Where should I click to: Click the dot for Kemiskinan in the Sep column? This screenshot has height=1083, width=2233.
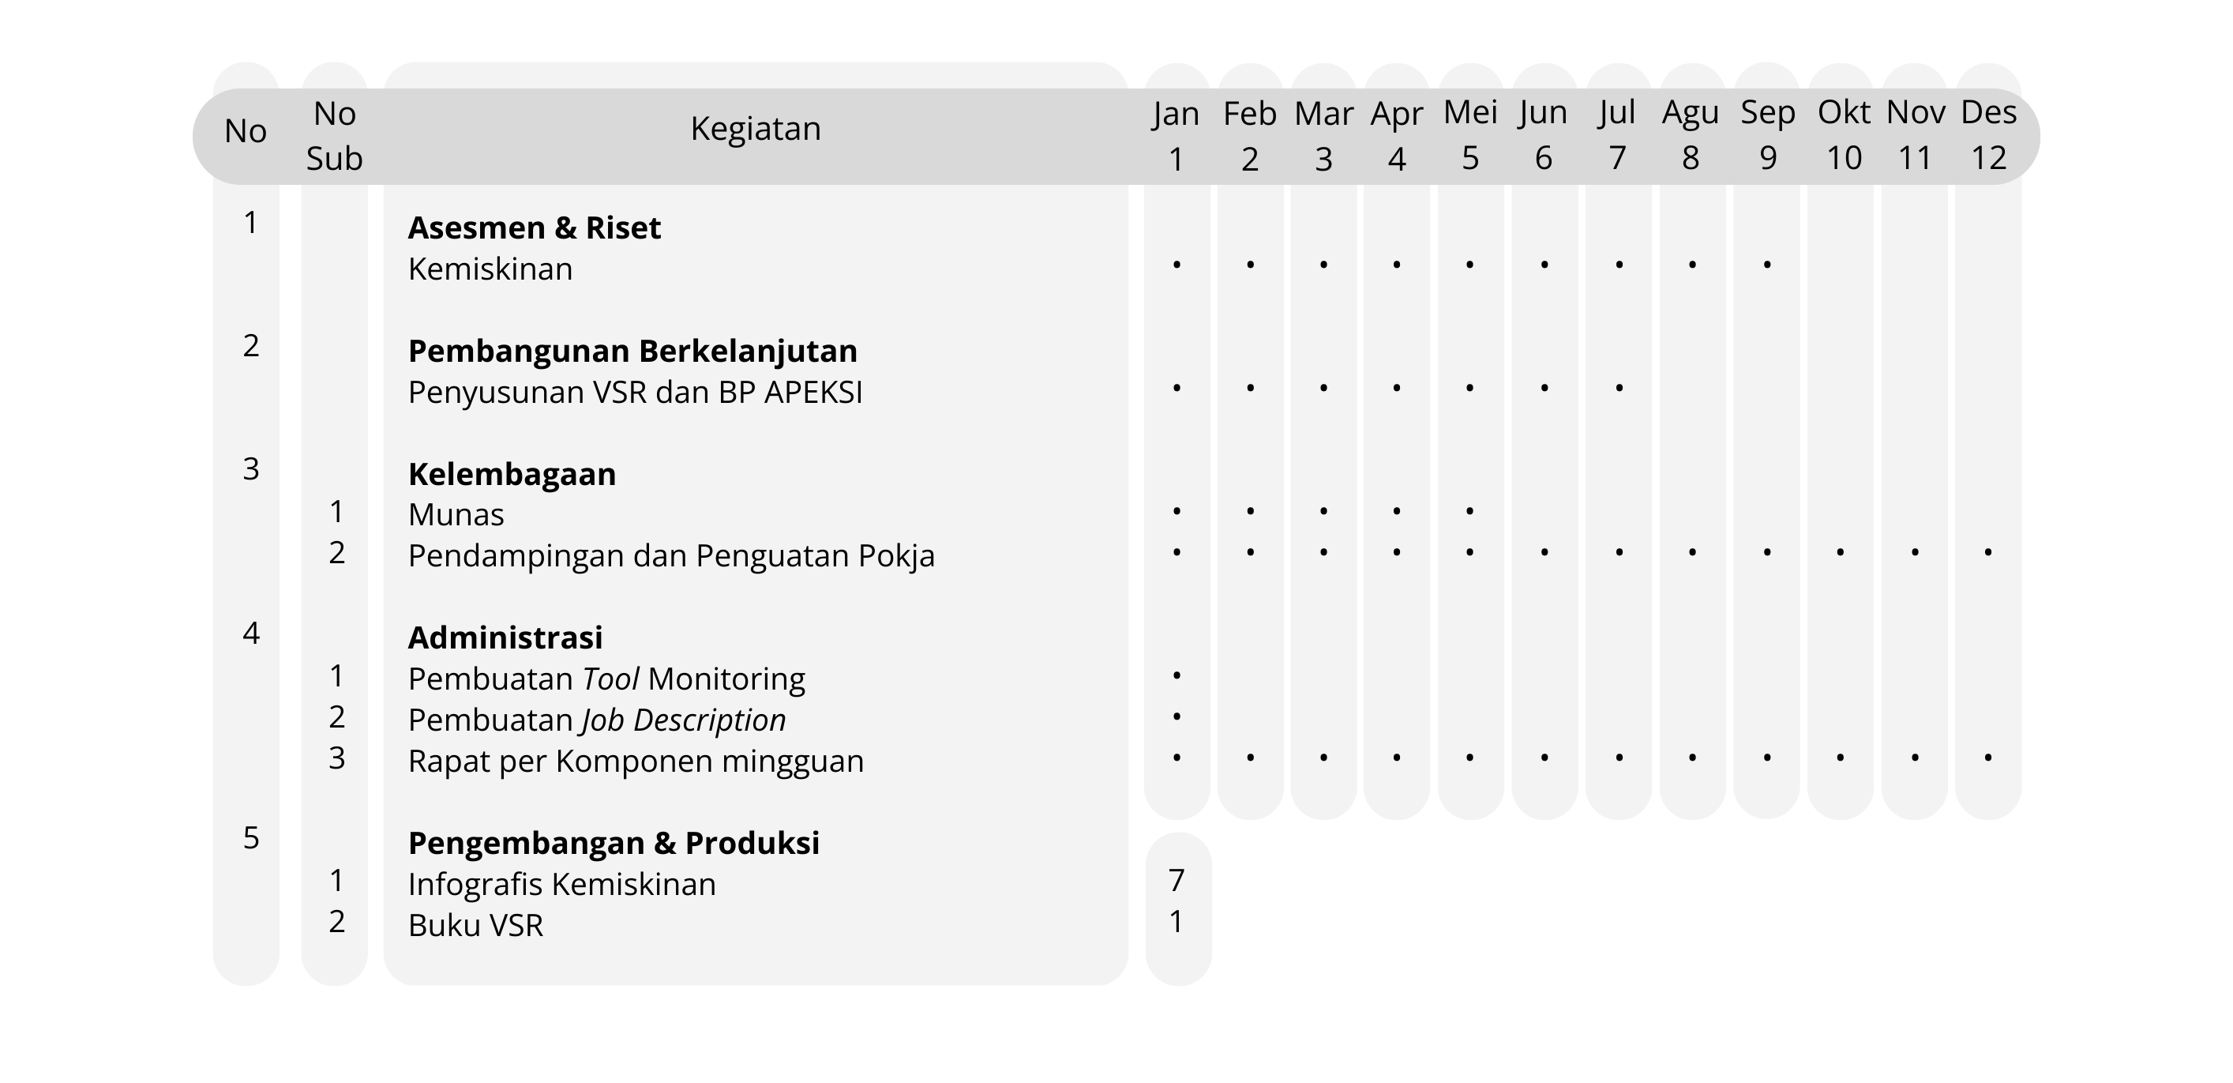coord(1766,264)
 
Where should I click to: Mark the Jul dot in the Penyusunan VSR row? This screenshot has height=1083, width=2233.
coord(1619,387)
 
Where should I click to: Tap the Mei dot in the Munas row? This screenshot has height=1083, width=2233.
coord(1470,511)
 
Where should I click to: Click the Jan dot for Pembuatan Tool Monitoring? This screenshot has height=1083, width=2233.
coord(1177,675)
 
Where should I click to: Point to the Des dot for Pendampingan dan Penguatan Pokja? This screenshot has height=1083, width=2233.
coord(1987,551)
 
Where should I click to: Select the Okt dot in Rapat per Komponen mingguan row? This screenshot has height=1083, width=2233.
coord(1841,757)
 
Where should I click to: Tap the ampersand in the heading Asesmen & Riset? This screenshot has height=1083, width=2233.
coord(565,228)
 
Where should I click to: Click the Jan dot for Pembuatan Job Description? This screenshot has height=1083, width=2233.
coord(1177,716)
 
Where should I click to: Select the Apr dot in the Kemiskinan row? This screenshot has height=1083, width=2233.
coord(1397,264)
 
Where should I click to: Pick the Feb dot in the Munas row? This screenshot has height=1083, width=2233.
coord(1250,511)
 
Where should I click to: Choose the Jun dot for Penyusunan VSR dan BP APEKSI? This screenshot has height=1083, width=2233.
coord(1544,387)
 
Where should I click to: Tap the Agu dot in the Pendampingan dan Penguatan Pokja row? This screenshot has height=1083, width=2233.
coord(1692,551)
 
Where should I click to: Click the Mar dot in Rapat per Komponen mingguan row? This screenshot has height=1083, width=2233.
coord(1323,757)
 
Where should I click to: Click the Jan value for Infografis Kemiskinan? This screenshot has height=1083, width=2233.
coord(1177,881)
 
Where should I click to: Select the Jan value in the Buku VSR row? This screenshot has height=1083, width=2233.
coord(1177,922)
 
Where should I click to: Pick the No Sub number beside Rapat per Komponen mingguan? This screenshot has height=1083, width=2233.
coord(336,758)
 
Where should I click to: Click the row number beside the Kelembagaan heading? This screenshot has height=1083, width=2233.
coord(250,469)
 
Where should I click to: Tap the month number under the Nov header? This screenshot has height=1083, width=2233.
coord(1915,159)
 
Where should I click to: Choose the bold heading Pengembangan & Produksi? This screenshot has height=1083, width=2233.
coord(614,843)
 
